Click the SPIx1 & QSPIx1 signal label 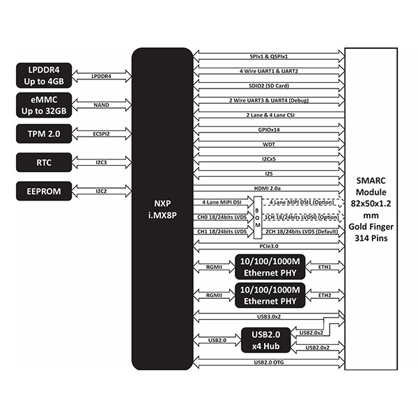269,56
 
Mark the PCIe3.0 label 269,246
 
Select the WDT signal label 269,144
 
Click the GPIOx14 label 269,130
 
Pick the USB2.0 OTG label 269,363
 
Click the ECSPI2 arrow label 102,132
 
